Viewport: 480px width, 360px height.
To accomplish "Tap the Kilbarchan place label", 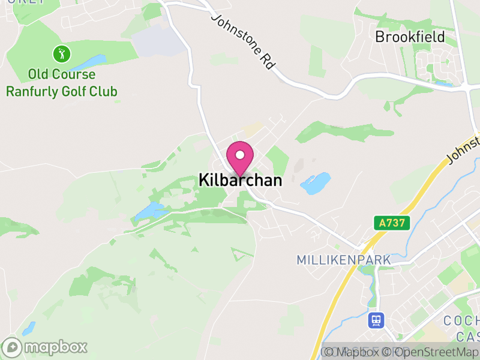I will point(240,180).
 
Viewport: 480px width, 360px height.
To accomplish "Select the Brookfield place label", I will point(410,37).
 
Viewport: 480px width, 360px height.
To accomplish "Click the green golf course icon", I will point(62,55).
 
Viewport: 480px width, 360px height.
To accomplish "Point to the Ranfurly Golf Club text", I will point(62,91).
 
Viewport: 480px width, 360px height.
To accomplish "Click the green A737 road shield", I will point(392,223).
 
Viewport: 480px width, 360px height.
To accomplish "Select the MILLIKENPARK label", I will point(344,260).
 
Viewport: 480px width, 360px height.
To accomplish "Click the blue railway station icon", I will point(376,320).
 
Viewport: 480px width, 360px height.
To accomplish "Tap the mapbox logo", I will point(45,347).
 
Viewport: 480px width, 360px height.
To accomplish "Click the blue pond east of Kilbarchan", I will point(316,184).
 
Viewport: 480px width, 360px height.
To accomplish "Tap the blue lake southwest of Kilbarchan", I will point(150,211).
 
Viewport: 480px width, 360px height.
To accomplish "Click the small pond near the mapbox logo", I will point(28,328).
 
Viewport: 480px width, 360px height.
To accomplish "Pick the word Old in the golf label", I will point(40,75).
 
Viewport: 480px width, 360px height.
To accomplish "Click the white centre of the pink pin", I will point(240,155).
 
